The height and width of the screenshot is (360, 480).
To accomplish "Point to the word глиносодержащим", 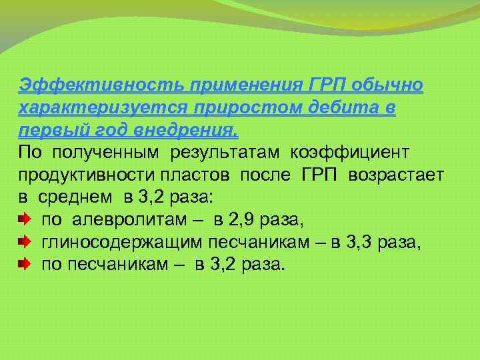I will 123,242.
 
